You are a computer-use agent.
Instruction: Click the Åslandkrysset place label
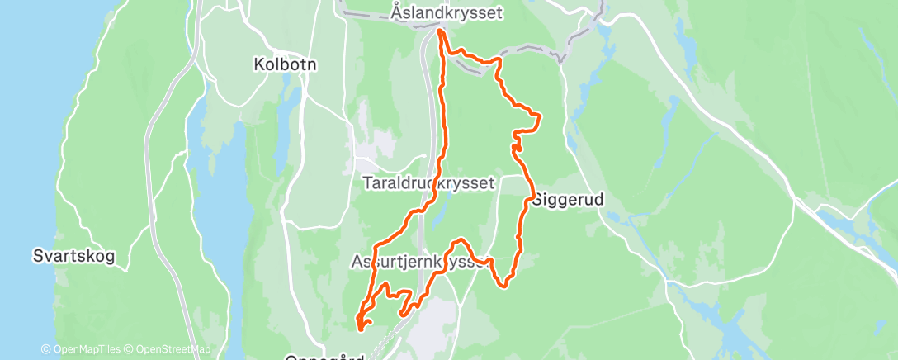click(447, 13)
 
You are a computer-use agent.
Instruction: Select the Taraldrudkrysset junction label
click(428, 183)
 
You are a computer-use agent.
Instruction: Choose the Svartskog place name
click(74, 255)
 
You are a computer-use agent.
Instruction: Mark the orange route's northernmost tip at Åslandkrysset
click(439, 31)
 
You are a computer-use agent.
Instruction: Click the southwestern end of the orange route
click(361, 328)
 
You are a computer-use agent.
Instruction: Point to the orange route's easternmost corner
click(541, 120)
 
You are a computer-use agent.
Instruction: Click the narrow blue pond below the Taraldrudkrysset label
click(438, 211)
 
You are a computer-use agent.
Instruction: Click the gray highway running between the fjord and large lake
click(150, 165)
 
